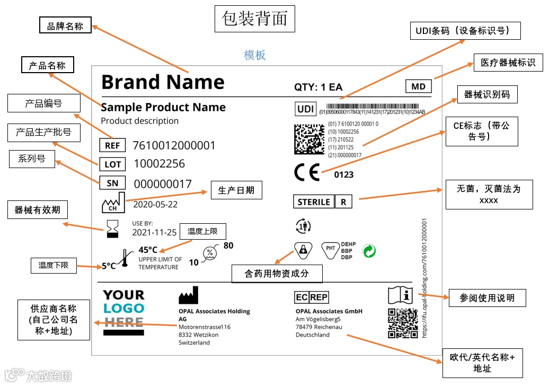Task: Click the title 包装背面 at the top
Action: pyautogui.click(x=255, y=19)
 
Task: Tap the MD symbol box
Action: pyautogui.click(x=418, y=86)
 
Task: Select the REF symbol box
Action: pyautogui.click(x=112, y=145)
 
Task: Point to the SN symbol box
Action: pyautogui.click(x=112, y=183)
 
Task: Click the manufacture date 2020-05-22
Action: pyautogui.click(x=155, y=204)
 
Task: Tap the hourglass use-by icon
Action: pyautogui.click(x=112, y=229)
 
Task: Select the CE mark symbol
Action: pyautogui.click(x=307, y=173)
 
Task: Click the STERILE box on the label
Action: pyautogui.click(x=314, y=202)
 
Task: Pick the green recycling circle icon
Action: pyautogui.click(x=369, y=251)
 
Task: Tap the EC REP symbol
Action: pyautogui.click(x=312, y=297)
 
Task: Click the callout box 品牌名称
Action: pyautogui.click(x=65, y=25)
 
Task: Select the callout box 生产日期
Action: pyautogui.click(x=236, y=190)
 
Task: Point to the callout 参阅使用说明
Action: pyautogui.click(x=487, y=297)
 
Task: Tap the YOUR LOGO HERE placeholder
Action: pyautogui.click(x=123, y=312)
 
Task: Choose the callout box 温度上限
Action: pyautogui.click(x=202, y=231)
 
